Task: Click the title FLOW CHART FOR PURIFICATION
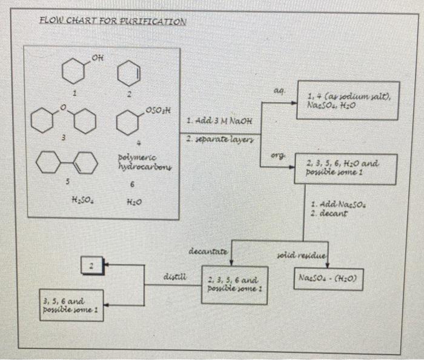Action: coord(113,20)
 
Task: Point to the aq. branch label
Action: coord(278,89)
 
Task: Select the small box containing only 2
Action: coord(91,265)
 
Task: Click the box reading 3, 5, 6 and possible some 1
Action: coord(71,306)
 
